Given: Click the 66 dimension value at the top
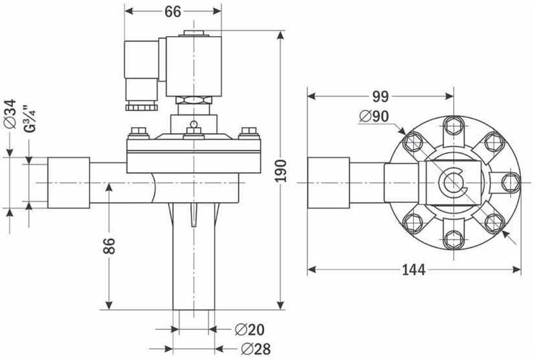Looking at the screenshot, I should [173, 12].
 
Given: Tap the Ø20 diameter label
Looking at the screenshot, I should [250, 329].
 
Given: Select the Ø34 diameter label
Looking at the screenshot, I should [9, 114].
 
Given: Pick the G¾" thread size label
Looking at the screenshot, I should [29, 118].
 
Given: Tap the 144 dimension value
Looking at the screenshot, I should [414, 270].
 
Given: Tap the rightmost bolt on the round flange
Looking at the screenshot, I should [510, 181].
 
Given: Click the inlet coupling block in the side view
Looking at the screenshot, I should [68, 182].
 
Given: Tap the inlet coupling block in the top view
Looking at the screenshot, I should [328, 181].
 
